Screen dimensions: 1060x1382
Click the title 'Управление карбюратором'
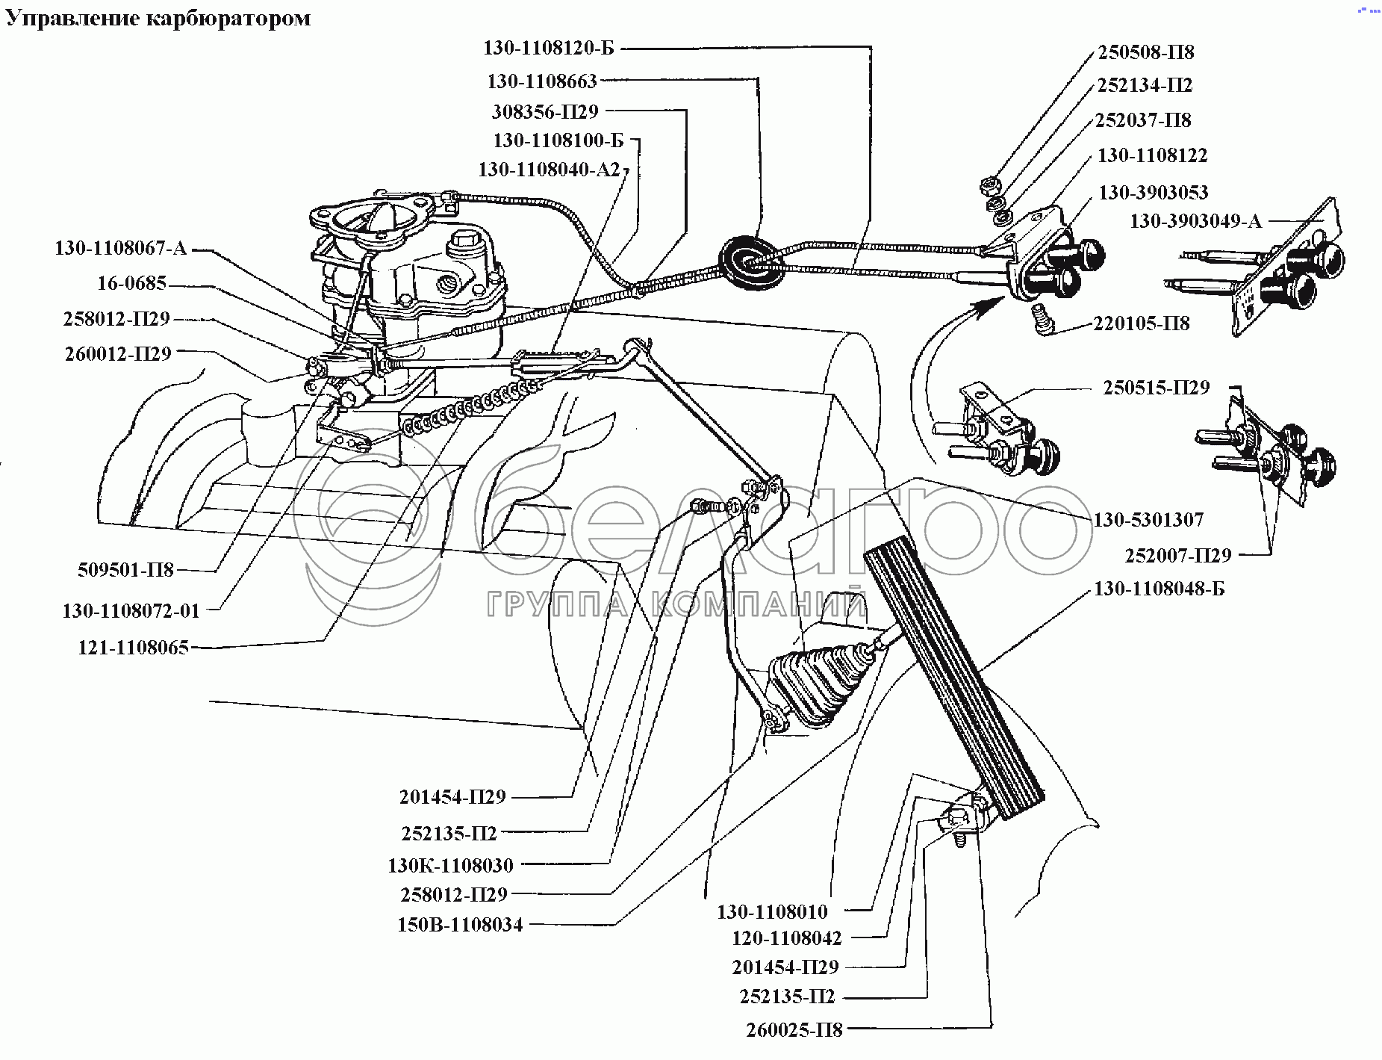pyautogui.click(x=158, y=18)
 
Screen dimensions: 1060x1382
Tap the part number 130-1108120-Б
pyautogui.click(x=548, y=49)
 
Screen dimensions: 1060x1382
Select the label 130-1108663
pyautogui.click(x=542, y=81)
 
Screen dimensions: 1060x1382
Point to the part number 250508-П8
pyautogui.click(x=1145, y=52)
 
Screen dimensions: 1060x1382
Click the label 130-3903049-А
pyautogui.click(x=1195, y=221)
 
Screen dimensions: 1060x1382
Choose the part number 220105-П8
pyautogui.click(x=1142, y=323)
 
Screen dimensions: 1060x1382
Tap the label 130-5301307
pyautogui.click(x=1148, y=519)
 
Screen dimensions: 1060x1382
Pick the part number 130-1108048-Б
pyautogui.click(x=1159, y=589)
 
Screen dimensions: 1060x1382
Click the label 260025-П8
pyautogui.click(x=794, y=1030)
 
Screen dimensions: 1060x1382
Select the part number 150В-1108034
pyautogui.click(x=460, y=925)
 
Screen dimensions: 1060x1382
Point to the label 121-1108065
pyautogui.click(x=133, y=647)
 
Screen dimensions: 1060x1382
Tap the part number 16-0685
pyautogui.click(x=131, y=284)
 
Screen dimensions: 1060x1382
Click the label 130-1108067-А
pyautogui.click(x=120, y=248)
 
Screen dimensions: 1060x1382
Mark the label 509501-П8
pyautogui.click(x=125, y=570)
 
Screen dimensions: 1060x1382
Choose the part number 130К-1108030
pyautogui.click(x=450, y=865)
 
